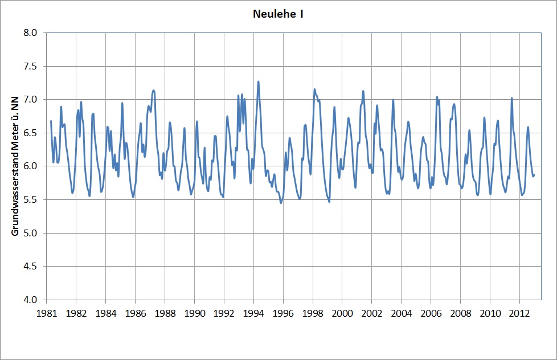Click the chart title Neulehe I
point(278,14)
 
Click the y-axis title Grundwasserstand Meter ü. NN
point(15,166)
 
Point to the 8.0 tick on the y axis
point(30,33)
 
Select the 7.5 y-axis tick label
point(30,66)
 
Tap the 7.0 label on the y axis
point(30,100)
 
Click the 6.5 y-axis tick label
point(30,133)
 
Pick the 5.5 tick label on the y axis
point(30,199)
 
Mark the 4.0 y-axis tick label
point(30,300)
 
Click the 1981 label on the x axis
point(47,313)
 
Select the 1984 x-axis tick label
point(105,313)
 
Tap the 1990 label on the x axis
point(194,313)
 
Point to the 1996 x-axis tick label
point(282,313)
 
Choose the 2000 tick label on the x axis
point(342,313)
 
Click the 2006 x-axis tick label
point(431,313)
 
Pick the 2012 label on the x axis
point(519,313)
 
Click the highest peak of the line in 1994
point(258,81)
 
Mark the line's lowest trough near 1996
point(281,202)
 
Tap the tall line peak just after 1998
point(314,89)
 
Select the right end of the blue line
point(534,175)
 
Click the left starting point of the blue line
point(51,121)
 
